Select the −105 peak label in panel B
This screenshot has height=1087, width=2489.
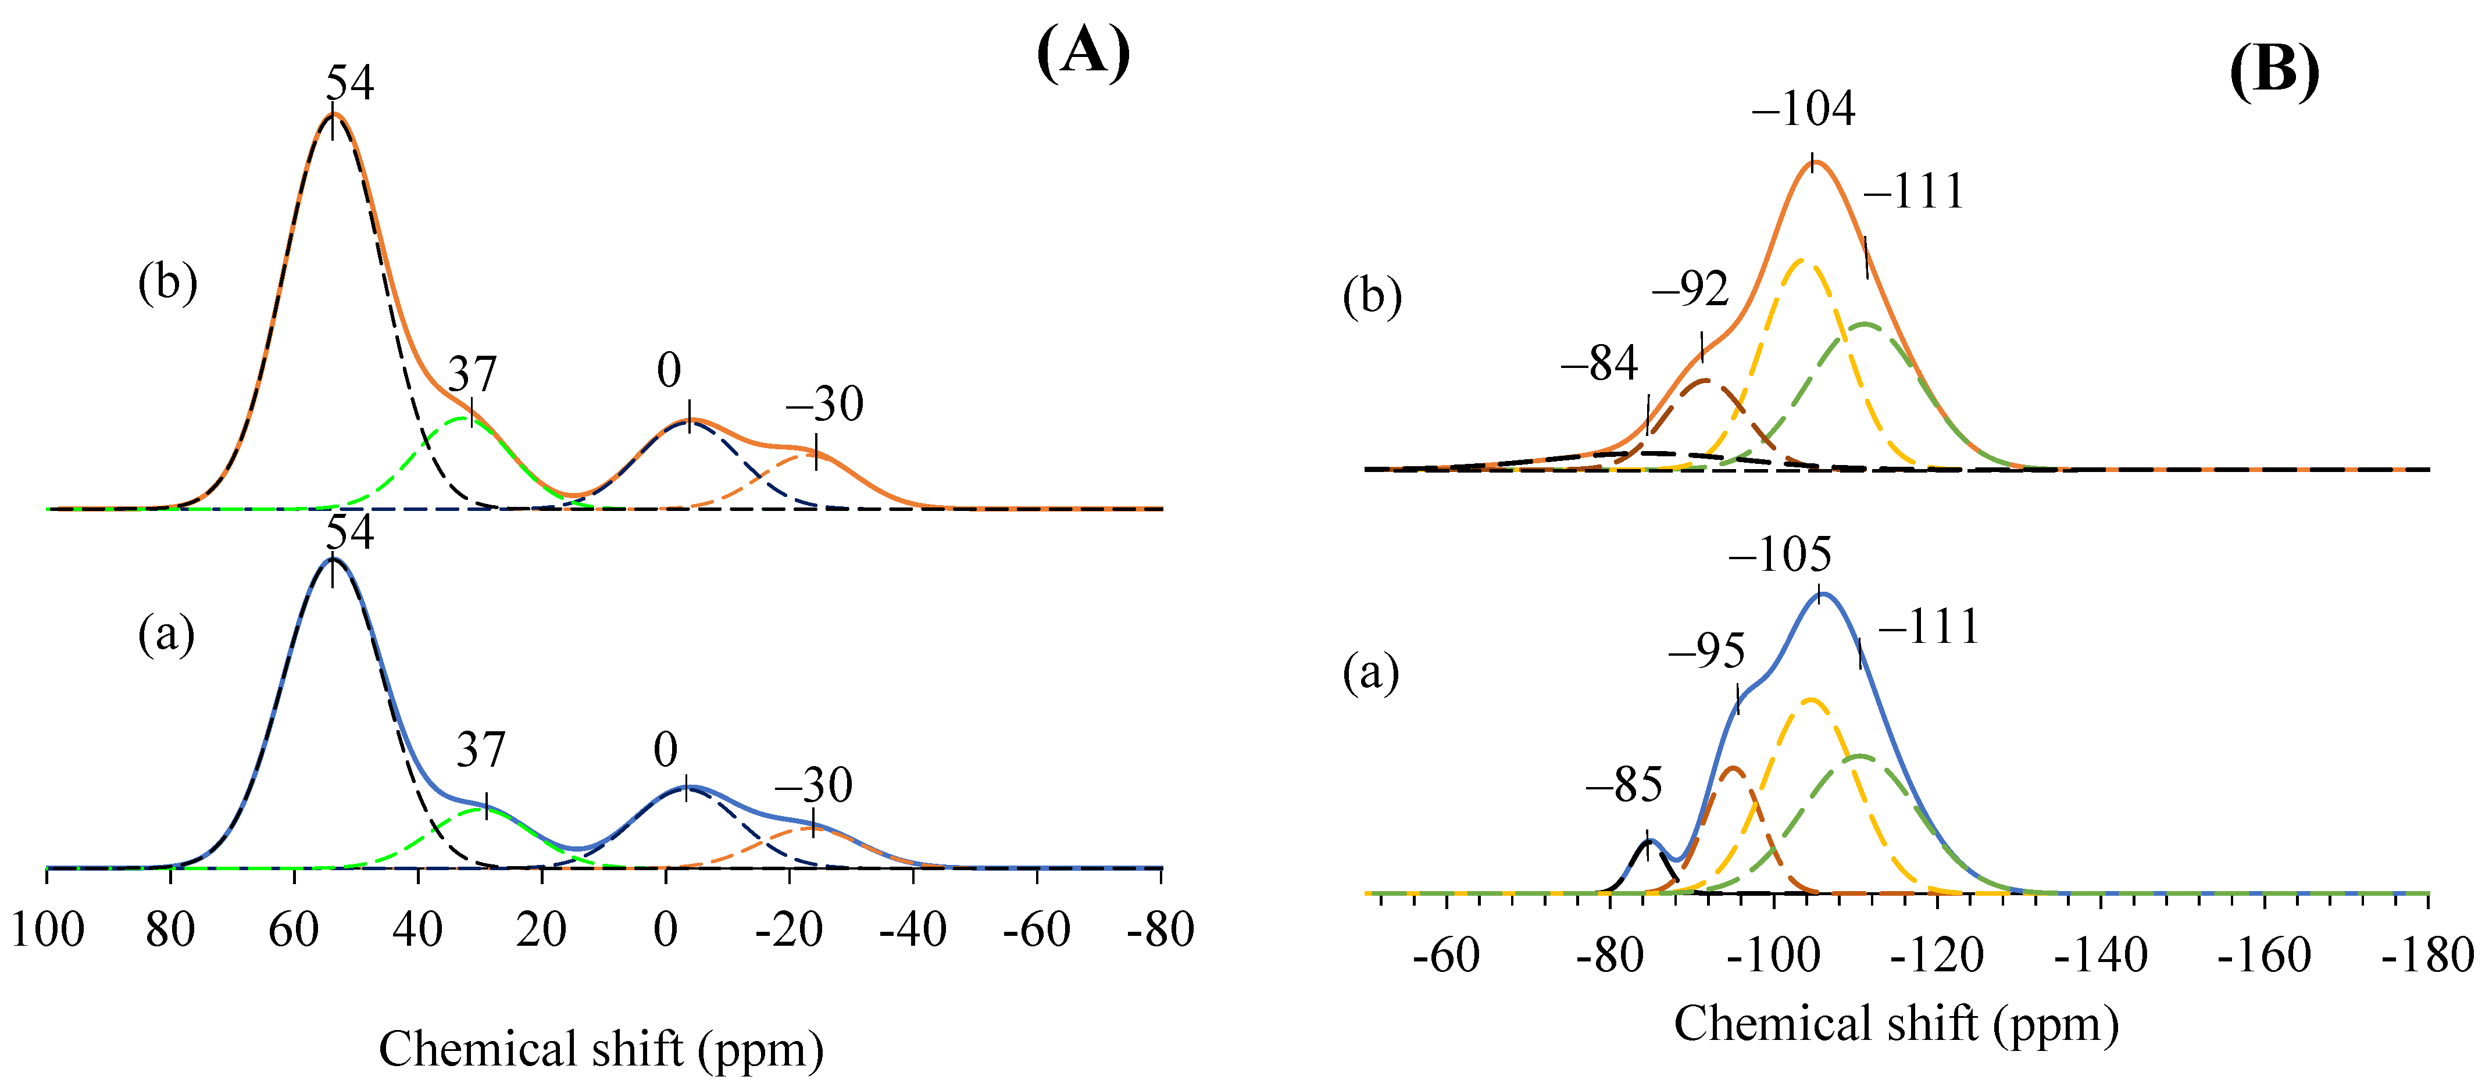click(x=1779, y=555)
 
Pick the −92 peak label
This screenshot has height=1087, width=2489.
click(x=1690, y=289)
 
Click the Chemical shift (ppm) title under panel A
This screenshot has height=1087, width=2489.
click(x=601, y=1049)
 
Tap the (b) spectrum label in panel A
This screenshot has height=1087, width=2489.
click(x=167, y=283)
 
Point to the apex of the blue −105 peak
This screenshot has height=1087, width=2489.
click(x=1820, y=593)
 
